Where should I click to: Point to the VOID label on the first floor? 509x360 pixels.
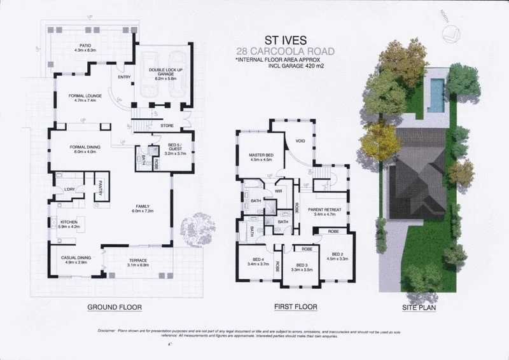[x=301, y=141]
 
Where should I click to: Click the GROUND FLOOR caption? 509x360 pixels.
[x=114, y=307]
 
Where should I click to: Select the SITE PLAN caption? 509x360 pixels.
[x=417, y=307]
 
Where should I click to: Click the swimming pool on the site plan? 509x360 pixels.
[x=436, y=95]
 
